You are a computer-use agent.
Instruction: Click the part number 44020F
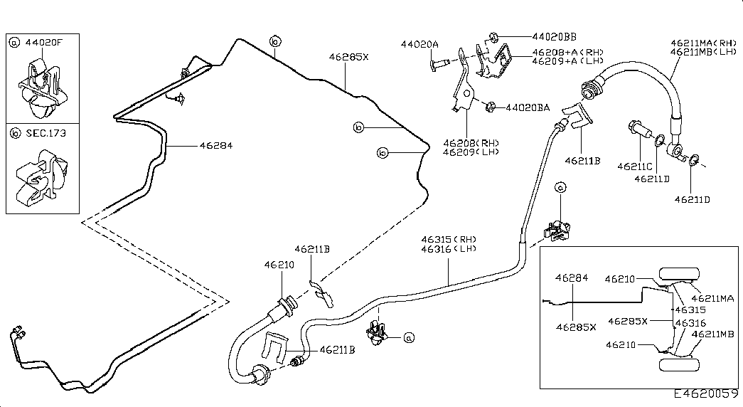(44, 43)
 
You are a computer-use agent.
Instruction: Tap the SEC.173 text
(44, 132)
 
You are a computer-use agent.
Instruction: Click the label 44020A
(419, 44)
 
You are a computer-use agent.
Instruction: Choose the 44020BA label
(528, 108)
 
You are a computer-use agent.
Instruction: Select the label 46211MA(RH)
(704, 43)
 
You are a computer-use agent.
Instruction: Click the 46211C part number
(634, 166)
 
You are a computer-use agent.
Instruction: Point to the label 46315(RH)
(448, 240)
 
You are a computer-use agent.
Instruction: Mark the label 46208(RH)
(470, 142)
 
